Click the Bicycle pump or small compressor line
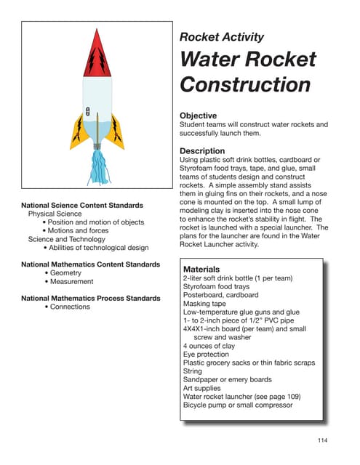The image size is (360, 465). [238, 405]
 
